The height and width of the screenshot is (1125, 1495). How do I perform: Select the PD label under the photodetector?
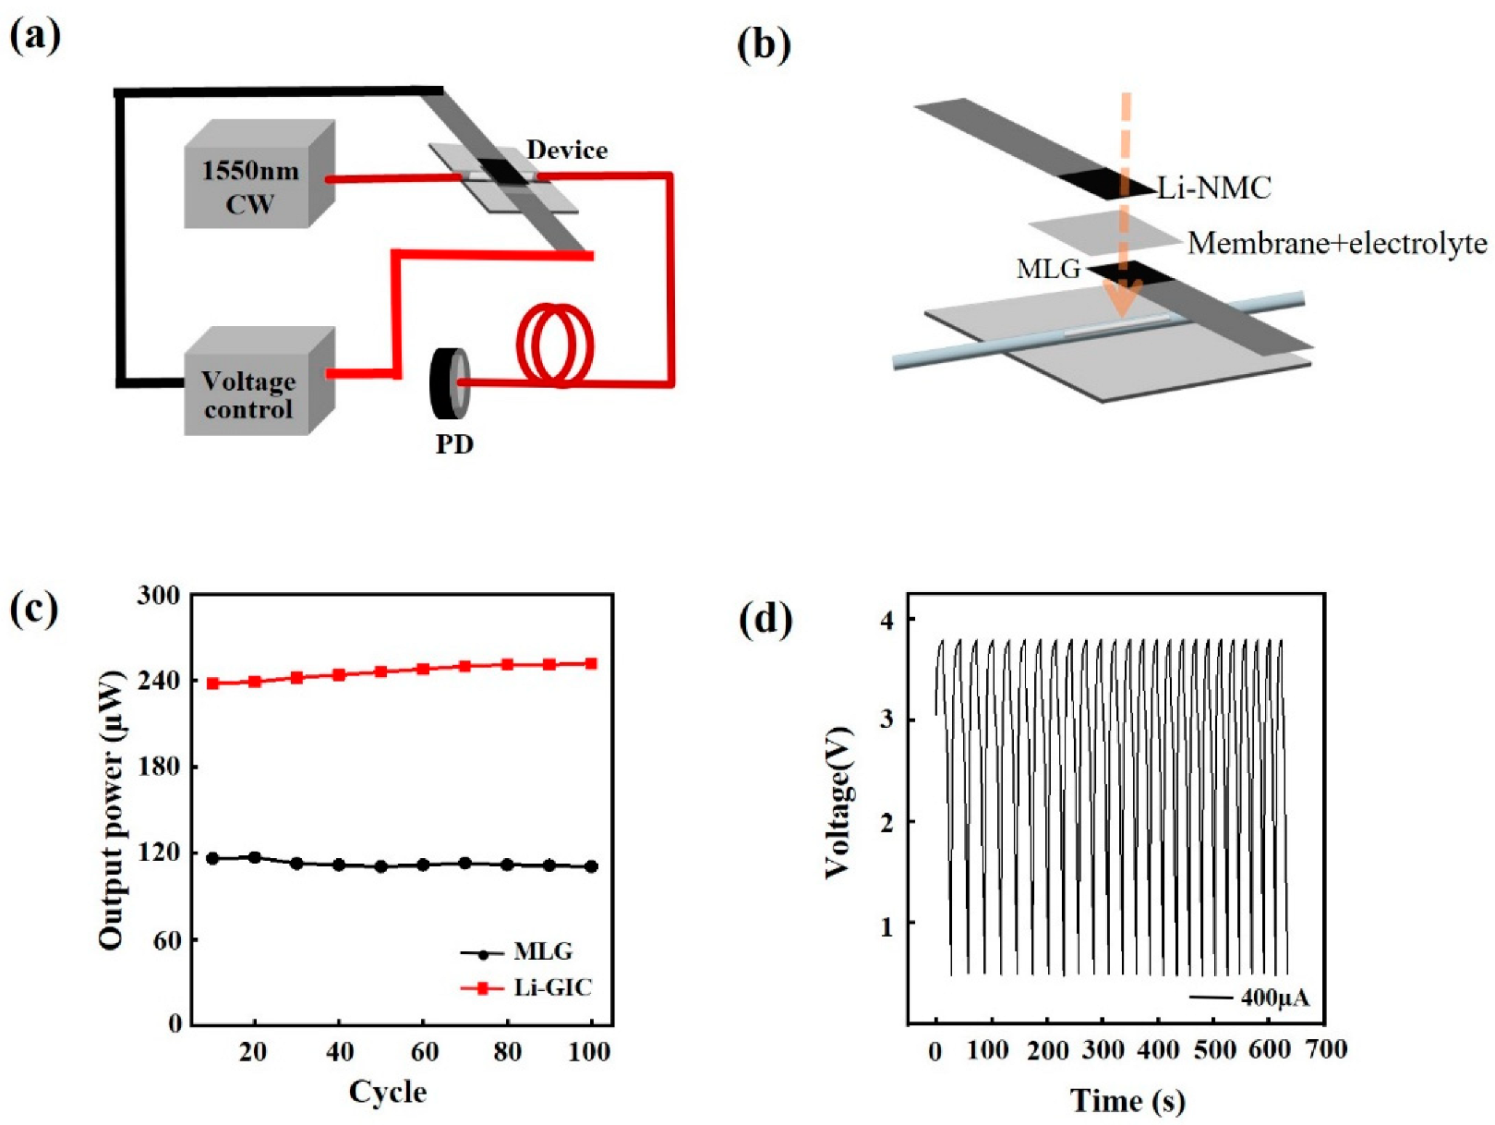tap(454, 444)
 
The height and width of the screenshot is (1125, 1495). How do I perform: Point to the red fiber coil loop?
tap(554, 345)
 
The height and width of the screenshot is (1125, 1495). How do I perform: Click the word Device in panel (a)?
tap(566, 150)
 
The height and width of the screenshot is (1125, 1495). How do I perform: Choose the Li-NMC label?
tap(1214, 187)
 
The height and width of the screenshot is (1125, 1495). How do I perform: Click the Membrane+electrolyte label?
tap(1337, 243)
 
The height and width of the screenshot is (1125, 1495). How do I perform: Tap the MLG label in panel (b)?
tap(1048, 269)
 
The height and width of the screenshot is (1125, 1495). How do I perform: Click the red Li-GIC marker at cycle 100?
tap(591, 663)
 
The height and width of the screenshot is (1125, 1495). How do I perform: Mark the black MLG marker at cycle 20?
tap(255, 857)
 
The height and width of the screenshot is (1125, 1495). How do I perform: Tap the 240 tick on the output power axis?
tap(159, 680)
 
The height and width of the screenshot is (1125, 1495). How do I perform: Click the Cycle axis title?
tap(388, 1092)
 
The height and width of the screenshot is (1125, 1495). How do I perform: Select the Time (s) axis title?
tap(1127, 1100)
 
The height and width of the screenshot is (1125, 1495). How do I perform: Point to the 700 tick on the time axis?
tap(1326, 1050)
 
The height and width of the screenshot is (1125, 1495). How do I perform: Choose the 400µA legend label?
tap(1274, 998)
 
